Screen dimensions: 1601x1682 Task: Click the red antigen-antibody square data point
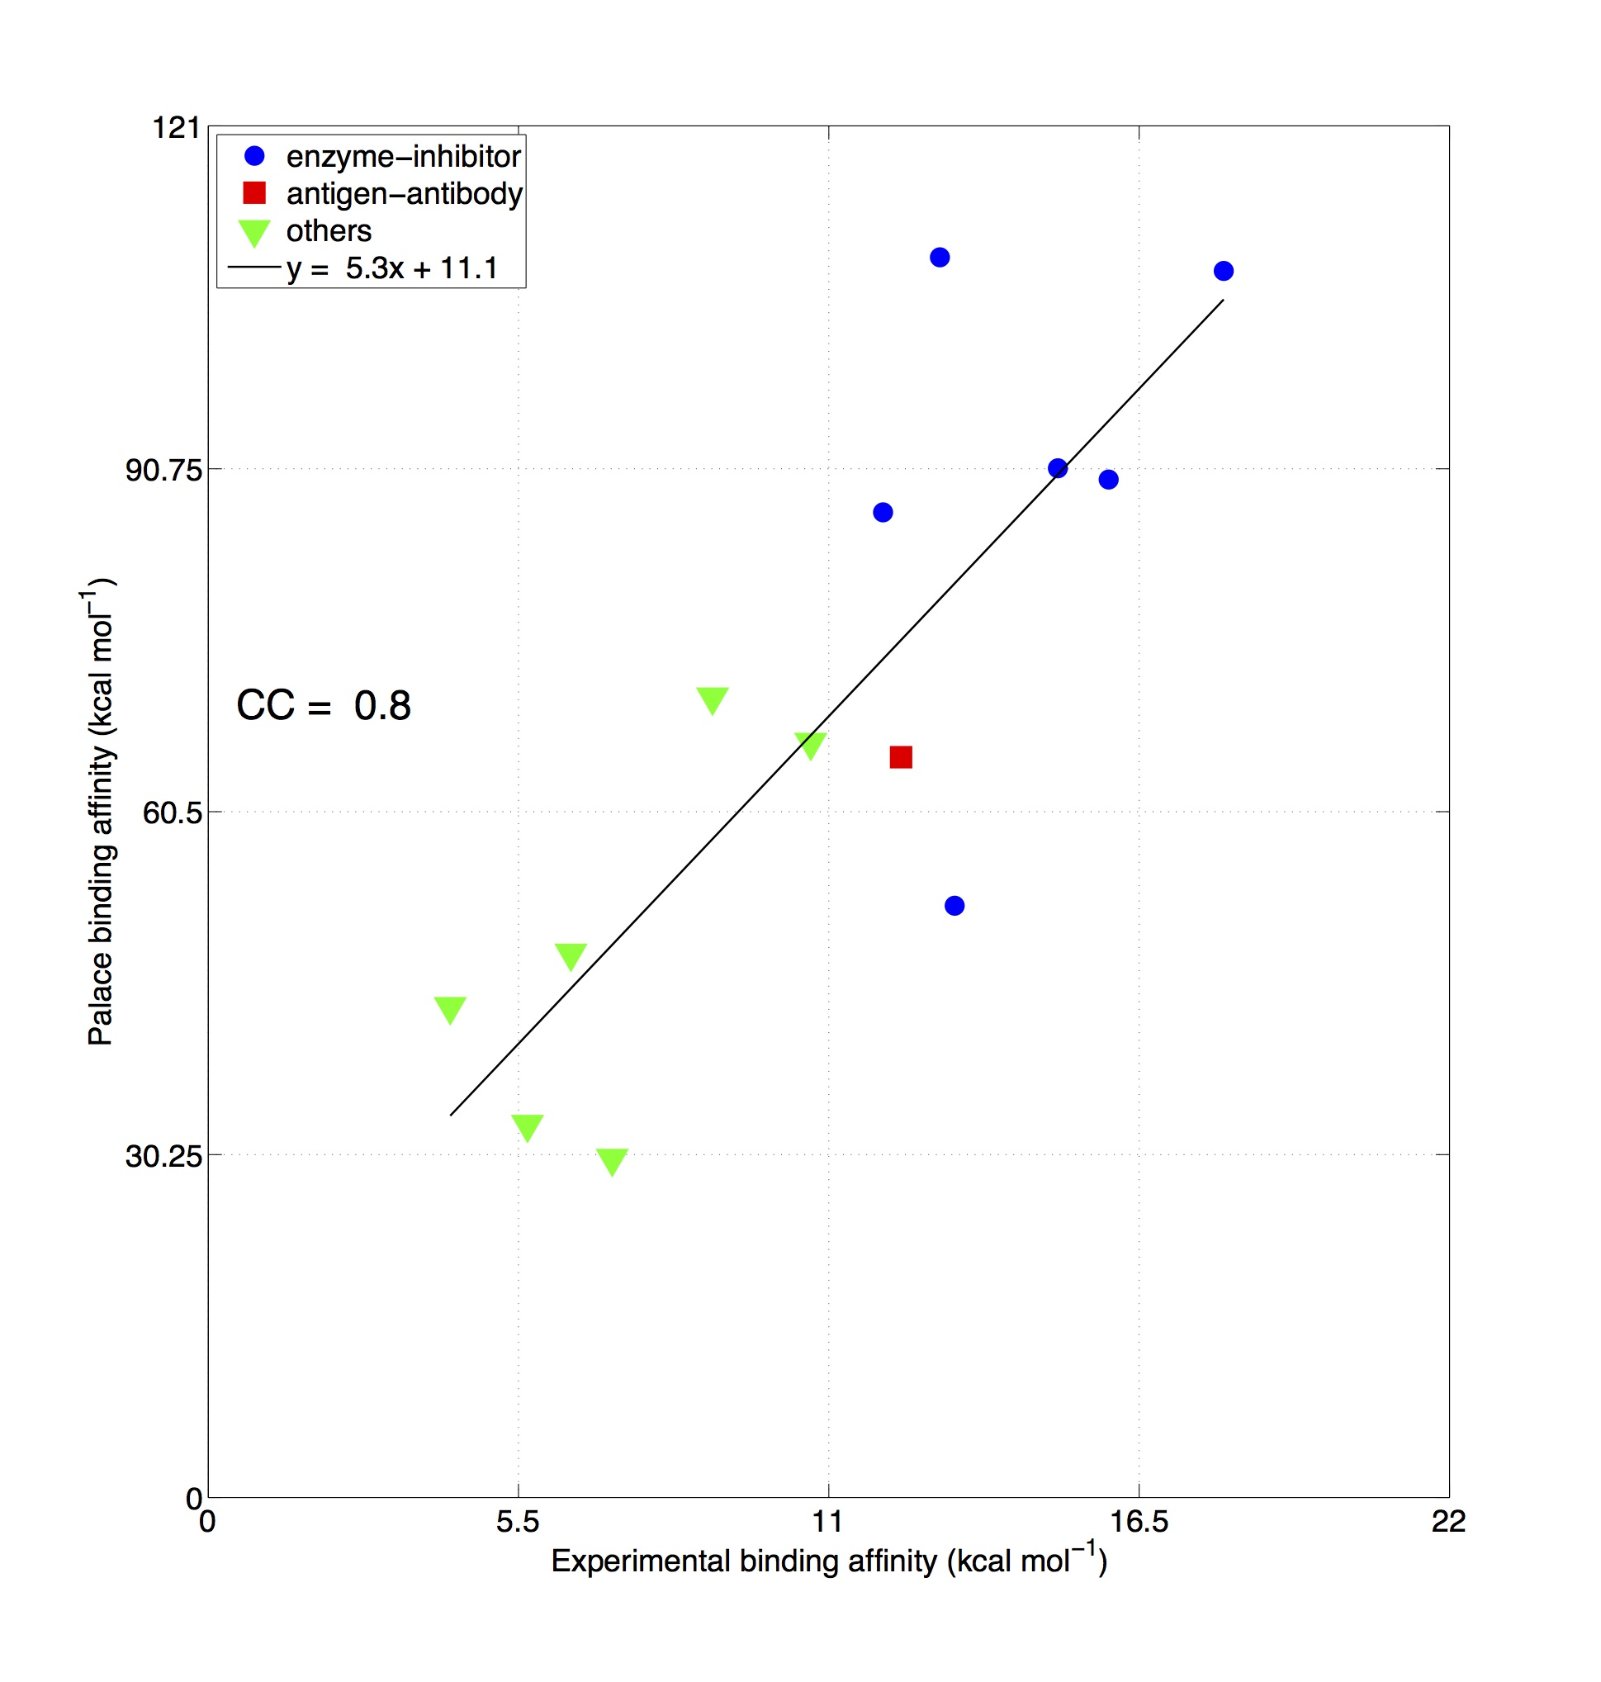tap(900, 757)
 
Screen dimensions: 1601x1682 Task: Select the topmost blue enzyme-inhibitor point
tap(940, 257)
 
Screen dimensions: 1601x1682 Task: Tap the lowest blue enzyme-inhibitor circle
tap(954, 906)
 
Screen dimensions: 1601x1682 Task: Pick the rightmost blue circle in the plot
tap(1223, 271)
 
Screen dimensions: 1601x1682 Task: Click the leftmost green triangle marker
tap(450, 1009)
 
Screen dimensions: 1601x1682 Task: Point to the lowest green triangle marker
tap(612, 1161)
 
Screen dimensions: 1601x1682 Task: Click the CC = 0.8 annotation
tap(324, 705)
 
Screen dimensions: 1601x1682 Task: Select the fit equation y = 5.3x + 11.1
tap(392, 268)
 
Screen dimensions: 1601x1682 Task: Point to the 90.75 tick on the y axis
tap(163, 469)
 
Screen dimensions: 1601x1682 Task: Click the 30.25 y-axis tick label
tap(163, 1155)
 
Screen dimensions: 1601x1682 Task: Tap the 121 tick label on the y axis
tap(177, 128)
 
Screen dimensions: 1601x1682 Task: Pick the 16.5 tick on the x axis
tap(1139, 1521)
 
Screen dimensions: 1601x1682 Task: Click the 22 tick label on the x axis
tap(1448, 1521)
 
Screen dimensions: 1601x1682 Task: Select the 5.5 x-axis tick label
tap(517, 1521)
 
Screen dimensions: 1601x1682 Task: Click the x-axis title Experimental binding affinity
tap(830, 1560)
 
